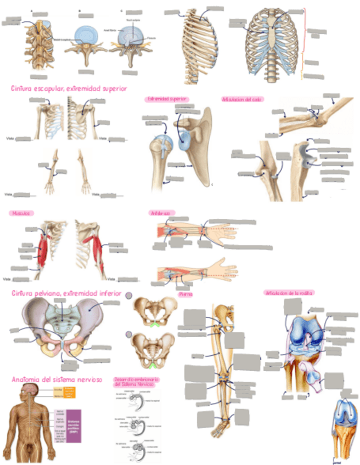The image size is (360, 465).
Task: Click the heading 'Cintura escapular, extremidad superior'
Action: pyautogui.click(x=69, y=88)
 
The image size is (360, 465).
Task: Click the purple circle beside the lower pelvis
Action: pyautogui.click(x=129, y=334)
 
